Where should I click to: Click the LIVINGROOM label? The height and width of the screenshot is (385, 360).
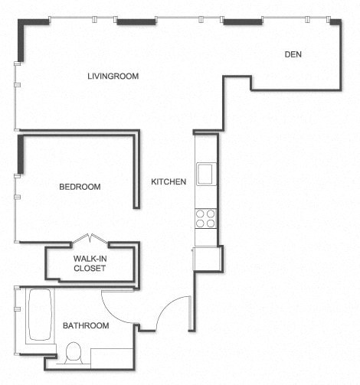pos(113,76)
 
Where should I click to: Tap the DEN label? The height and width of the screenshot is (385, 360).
pos(293,54)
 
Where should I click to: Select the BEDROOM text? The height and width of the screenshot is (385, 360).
pos(80,187)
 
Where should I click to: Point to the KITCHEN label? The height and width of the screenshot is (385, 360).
pos(169,182)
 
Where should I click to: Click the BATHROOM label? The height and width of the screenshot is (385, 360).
pos(86,325)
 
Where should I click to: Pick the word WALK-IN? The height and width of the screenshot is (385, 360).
pos(90,259)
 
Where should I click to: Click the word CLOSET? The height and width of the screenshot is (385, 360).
pos(90,269)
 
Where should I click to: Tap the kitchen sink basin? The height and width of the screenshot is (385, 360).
pos(205,175)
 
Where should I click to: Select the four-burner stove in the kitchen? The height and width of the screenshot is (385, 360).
pos(205,219)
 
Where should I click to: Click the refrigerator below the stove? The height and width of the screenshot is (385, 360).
pos(207,259)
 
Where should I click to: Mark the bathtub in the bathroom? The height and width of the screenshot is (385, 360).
pos(39,315)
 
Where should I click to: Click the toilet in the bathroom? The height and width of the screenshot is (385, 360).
pos(74,354)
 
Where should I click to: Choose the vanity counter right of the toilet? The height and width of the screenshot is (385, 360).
pos(112,358)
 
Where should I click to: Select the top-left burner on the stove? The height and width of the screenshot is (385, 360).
pos(200,214)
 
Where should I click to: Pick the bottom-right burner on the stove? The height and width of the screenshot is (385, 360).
pos(211,224)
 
